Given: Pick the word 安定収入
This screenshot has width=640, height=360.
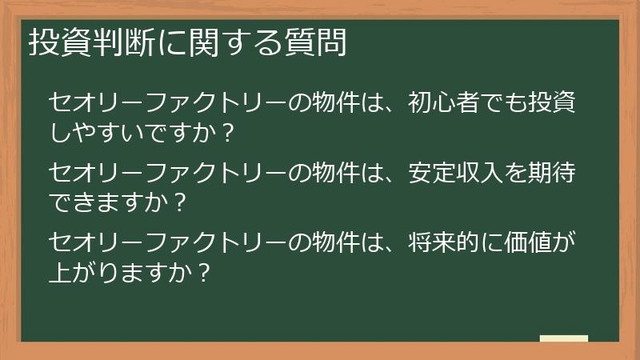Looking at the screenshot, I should tap(456, 172).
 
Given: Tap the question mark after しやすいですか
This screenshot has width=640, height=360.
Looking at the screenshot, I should tap(227, 134).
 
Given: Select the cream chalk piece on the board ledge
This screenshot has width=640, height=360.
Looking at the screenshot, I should tap(563, 338).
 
